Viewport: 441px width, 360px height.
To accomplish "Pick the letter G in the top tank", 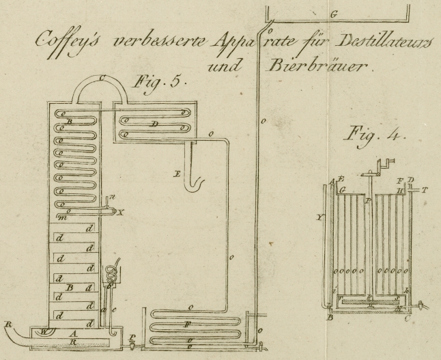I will coord(333,14).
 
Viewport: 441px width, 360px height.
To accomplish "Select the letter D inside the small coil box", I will coord(156,124).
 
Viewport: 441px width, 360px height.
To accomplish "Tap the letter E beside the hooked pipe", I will coord(176,175).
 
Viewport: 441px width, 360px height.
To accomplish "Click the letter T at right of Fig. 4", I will coord(424,191).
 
